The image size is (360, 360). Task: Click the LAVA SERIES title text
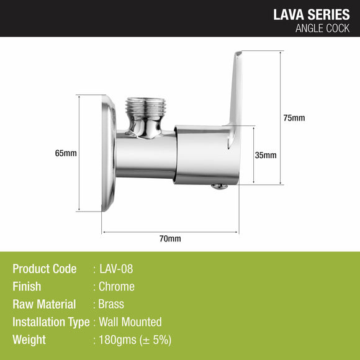(x=311, y=14)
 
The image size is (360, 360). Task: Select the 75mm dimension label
(x=295, y=118)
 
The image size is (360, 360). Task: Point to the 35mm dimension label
(x=266, y=155)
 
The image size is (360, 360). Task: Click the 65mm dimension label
(x=66, y=153)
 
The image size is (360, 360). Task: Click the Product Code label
(x=45, y=269)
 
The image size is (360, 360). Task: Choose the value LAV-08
(x=116, y=269)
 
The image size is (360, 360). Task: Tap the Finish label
(x=27, y=287)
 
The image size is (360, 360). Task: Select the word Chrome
(x=117, y=287)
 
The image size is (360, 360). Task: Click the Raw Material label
(x=44, y=304)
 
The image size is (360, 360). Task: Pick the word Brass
(x=112, y=304)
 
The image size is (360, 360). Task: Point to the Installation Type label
(x=52, y=322)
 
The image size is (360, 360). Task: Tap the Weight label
(x=29, y=340)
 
